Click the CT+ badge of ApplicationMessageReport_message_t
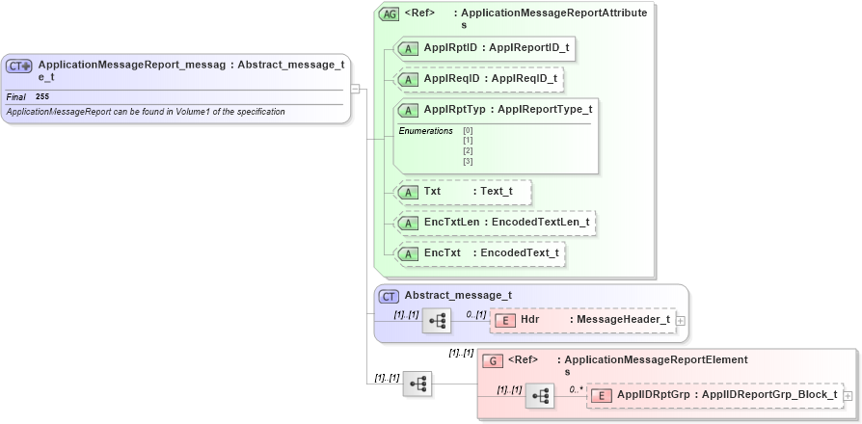click(19, 66)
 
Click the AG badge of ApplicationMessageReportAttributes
click(389, 14)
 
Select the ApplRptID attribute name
click(452, 46)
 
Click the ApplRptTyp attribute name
click(454, 109)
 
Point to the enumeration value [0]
click(468, 130)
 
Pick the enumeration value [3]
click(468, 161)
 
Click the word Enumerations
click(425, 130)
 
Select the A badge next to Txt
click(408, 192)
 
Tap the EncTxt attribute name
click(442, 253)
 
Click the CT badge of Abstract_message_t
click(389, 296)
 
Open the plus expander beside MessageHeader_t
click(680, 320)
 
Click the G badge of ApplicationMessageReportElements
click(492, 360)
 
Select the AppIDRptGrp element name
click(647, 395)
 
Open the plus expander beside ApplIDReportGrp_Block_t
click(848, 395)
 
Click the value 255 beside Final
click(42, 97)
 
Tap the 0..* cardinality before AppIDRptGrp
click(576, 389)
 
